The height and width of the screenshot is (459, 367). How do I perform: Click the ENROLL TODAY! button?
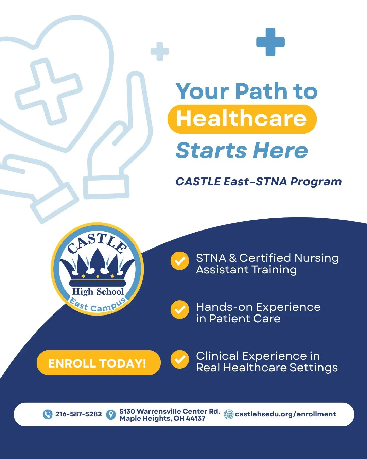[98, 363]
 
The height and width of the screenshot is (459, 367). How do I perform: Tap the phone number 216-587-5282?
[78, 414]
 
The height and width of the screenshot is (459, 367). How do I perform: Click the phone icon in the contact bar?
[48, 414]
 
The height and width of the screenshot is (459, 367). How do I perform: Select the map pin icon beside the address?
[111, 414]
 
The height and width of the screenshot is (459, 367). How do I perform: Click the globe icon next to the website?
[229, 414]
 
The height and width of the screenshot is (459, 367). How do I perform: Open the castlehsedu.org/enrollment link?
[285, 414]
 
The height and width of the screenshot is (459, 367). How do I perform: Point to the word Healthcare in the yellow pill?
[241, 119]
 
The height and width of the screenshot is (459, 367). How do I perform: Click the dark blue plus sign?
[270, 42]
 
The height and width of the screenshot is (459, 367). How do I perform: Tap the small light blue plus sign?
[160, 52]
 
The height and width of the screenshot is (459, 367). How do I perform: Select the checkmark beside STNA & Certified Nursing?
[179, 261]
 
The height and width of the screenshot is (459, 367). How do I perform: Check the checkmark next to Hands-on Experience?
[179, 310]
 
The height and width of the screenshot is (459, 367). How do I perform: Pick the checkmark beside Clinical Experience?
[179, 359]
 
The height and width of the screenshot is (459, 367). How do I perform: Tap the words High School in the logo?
[98, 292]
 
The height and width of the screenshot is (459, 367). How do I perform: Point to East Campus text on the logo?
[98, 305]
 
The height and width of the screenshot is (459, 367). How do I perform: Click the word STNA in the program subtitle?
[271, 182]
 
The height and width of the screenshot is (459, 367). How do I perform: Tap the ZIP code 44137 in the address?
[195, 419]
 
